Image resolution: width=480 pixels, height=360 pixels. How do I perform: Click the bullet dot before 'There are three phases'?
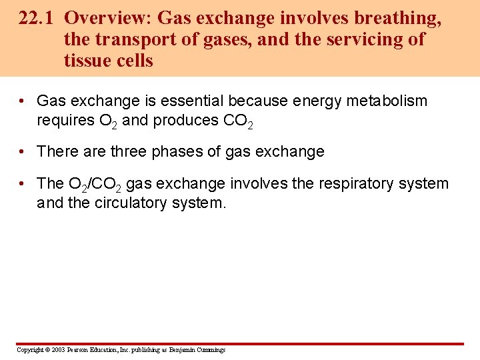[x=22, y=152]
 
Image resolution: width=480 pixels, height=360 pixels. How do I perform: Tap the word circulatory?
[x=133, y=203]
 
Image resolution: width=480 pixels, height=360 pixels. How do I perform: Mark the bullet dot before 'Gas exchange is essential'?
[x=22, y=101]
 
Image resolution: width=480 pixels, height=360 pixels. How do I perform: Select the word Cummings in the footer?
[x=210, y=350]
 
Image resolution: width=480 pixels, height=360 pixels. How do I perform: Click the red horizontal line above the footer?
[x=240, y=344]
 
